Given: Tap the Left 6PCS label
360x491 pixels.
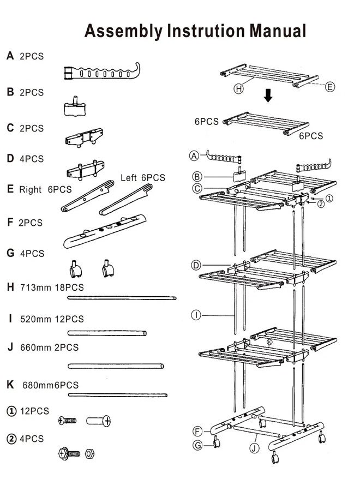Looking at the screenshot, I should [x=142, y=178].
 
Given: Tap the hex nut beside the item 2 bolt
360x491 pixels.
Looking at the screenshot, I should [x=90, y=453].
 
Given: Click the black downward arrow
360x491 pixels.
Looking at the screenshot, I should [x=268, y=96].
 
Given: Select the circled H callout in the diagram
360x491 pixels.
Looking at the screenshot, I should [x=238, y=89].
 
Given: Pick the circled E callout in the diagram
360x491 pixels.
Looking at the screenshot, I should [x=331, y=86].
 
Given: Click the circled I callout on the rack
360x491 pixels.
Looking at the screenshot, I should [x=196, y=314].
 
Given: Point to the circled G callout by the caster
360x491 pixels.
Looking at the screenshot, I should [x=198, y=446].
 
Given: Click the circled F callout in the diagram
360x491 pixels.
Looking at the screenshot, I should [x=197, y=431].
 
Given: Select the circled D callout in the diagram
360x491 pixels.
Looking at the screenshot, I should [x=196, y=265].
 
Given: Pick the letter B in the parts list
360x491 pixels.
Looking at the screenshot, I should [x=10, y=93].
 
